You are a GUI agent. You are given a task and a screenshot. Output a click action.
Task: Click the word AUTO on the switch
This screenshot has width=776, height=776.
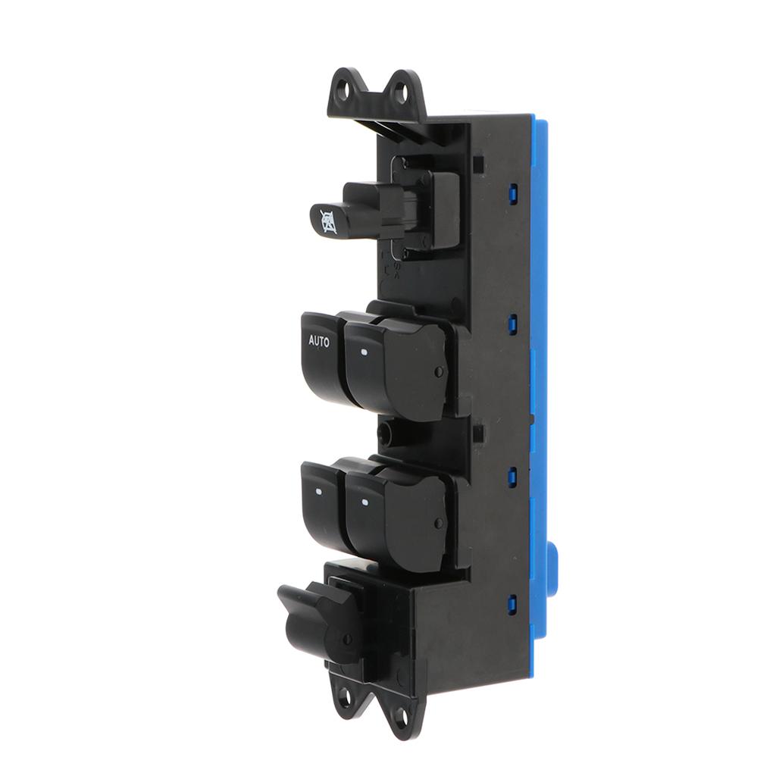tap(319, 341)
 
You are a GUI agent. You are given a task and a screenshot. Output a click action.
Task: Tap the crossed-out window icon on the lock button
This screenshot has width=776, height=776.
tap(327, 221)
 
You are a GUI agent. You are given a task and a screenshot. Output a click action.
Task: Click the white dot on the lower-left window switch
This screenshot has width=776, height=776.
tap(318, 493)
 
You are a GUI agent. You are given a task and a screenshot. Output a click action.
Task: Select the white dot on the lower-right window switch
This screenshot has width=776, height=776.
tap(365, 503)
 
